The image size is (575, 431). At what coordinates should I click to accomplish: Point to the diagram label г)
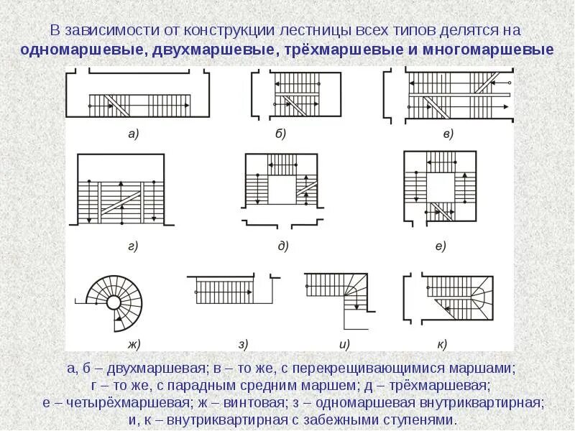(x=133, y=246)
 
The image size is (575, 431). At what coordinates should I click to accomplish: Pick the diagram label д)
(x=282, y=246)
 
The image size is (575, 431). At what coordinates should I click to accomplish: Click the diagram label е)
(x=441, y=246)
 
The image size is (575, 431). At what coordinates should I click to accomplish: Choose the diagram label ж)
(x=133, y=343)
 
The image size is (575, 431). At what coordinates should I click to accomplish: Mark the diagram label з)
(x=243, y=343)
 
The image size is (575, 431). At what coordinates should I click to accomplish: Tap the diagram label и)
(x=344, y=343)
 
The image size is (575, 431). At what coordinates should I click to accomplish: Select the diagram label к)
(x=441, y=343)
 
